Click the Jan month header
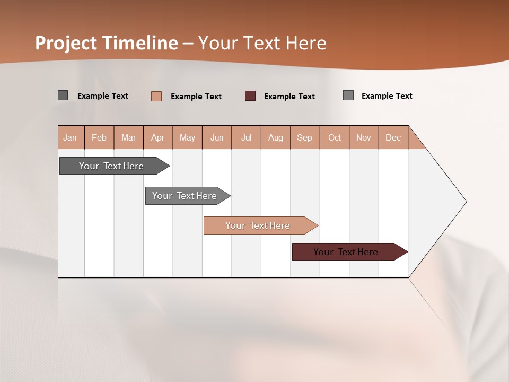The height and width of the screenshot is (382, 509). pyautogui.click(x=70, y=137)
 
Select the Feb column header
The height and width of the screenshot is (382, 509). pyautogui.click(x=99, y=137)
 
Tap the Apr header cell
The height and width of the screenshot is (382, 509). pyautogui.click(x=157, y=137)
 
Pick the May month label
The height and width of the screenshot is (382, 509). pyautogui.click(x=187, y=137)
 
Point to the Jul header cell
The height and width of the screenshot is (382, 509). pyautogui.click(x=246, y=137)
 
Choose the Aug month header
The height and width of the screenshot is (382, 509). pyautogui.click(x=275, y=137)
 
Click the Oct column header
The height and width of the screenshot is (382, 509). pyautogui.click(x=335, y=137)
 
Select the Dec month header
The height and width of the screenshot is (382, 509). pyautogui.click(x=393, y=137)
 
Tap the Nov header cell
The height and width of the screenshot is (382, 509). pyautogui.click(x=364, y=137)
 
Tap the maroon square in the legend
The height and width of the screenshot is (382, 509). pyautogui.click(x=250, y=96)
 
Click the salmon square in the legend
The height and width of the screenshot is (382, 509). pyautogui.click(x=156, y=96)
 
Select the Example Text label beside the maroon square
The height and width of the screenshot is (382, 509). pyautogui.click(x=289, y=97)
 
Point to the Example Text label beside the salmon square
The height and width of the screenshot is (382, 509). pyautogui.click(x=196, y=97)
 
